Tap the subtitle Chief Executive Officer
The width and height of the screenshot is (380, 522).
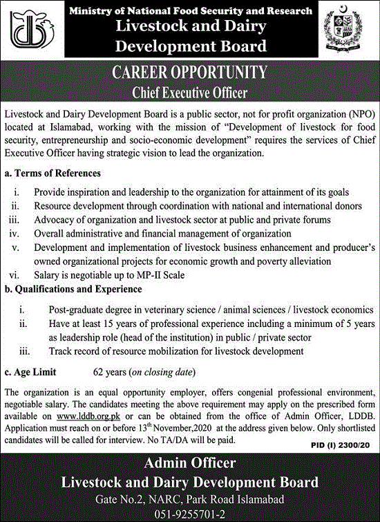[x=189, y=91]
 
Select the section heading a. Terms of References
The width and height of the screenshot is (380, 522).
[x=53, y=173]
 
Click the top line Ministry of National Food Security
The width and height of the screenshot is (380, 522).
[x=189, y=11]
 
